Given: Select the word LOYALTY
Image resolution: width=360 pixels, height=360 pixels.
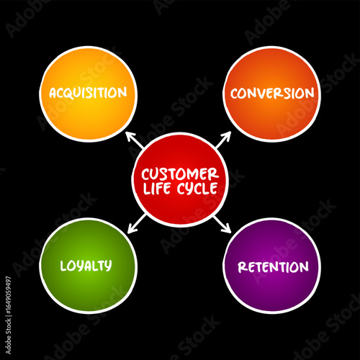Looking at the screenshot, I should [86, 265].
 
